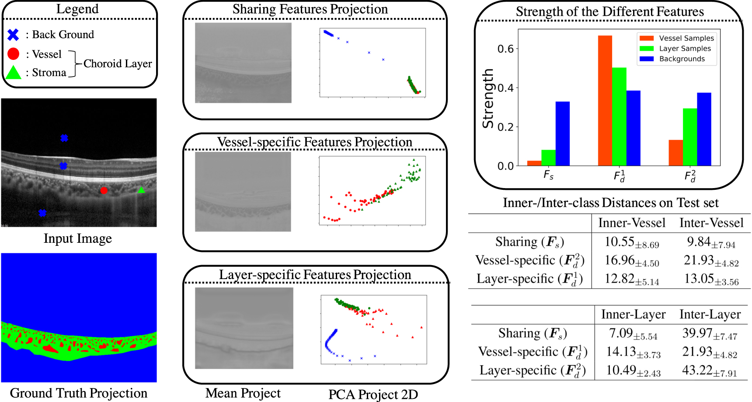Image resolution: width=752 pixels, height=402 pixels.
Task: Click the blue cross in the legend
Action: (13, 35)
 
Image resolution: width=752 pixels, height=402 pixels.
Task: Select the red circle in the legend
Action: (13, 54)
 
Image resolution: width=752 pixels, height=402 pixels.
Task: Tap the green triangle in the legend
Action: (14, 72)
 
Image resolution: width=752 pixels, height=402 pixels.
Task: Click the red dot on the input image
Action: (104, 190)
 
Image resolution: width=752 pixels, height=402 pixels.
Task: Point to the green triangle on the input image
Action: (141, 190)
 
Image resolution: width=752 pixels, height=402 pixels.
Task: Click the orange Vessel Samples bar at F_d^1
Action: (605, 101)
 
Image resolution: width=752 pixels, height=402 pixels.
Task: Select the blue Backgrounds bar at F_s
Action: (562, 133)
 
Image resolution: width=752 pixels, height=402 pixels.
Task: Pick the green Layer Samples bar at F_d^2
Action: (689, 137)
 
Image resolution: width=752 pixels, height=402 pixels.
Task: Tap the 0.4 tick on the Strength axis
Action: (505, 88)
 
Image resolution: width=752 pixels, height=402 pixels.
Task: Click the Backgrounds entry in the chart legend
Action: (682, 59)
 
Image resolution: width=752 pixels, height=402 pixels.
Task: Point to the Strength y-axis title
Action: (488, 98)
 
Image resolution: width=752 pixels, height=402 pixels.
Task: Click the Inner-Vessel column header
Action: (631, 223)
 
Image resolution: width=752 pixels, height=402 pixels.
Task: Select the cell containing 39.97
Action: (709, 334)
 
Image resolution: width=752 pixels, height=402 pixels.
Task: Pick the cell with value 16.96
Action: (631, 261)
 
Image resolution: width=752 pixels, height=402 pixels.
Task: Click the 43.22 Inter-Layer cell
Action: (709, 371)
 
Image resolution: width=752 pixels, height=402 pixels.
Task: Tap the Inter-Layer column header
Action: (710, 315)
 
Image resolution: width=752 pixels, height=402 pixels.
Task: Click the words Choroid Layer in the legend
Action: (118, 64)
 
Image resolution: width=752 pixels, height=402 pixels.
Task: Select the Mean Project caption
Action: (243, 393)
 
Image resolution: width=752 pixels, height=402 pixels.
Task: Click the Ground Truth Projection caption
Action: (79, 393)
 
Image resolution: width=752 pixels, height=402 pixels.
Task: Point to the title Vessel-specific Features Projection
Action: (314, 142)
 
